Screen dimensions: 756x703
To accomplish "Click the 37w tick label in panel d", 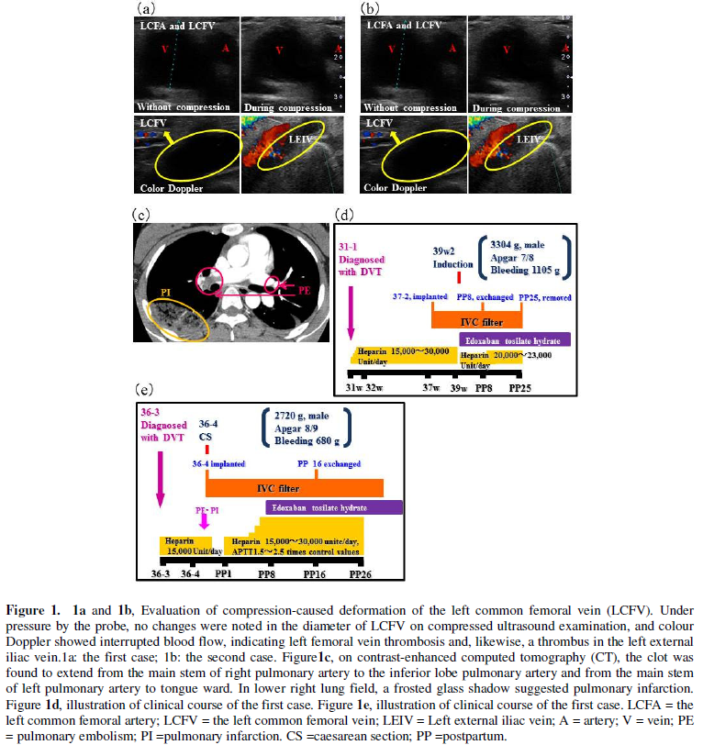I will (430, 388).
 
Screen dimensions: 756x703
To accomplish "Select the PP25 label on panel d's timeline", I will (520, 388).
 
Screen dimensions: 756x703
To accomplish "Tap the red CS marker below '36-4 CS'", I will (208, 449).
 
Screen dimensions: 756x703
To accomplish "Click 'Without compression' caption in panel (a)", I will (183, 107).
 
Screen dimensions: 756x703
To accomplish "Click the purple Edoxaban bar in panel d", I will (518, 339).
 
